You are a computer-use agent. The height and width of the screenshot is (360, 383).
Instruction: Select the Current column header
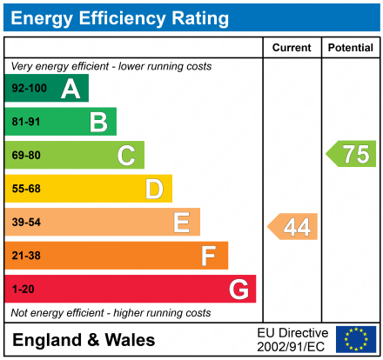coord(292,48)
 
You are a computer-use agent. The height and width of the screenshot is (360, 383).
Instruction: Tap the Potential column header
coord(350,48)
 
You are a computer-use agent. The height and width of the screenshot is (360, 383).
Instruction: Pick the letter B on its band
coord(98,122)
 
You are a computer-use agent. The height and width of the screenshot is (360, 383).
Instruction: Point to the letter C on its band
coord(126,156)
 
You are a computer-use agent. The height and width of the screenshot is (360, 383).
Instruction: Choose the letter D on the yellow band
coord(154,189)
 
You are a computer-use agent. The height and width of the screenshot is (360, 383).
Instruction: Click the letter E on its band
coord(181,223)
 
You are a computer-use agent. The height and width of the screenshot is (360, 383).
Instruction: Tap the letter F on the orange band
coord(209,256)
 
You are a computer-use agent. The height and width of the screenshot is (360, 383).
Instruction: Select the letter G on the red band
coord(238,289)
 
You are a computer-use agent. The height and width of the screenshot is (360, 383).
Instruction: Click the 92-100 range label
coord(29,89)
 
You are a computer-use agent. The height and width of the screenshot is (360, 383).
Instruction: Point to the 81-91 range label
coord(26,123)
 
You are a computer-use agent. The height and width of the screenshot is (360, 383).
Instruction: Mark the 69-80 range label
coord(26,156)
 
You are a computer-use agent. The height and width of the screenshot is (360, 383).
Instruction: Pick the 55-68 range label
coord(26,189)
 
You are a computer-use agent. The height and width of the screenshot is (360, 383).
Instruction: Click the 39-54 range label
coord(26,223)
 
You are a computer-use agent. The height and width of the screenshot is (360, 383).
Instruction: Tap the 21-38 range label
coord(26,256)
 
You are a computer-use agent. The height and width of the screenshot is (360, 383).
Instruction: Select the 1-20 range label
coord(24,289)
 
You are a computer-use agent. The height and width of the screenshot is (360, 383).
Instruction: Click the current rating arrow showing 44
coord(293,227)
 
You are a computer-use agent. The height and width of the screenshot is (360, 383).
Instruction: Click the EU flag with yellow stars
coord(356,338)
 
